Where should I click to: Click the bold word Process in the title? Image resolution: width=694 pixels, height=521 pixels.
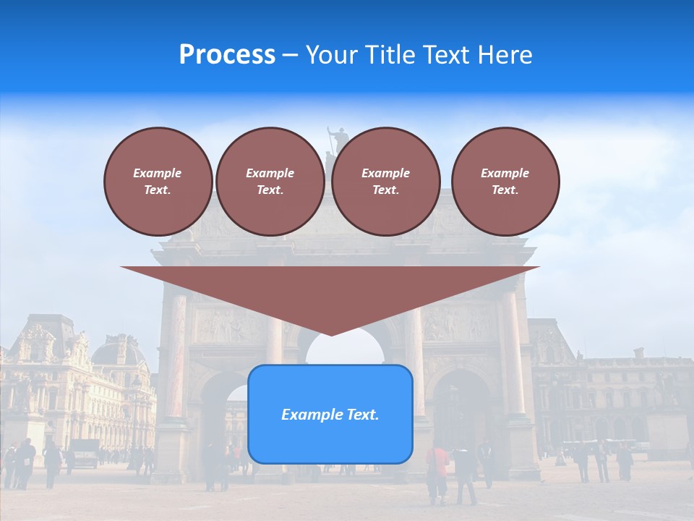pyautogui.click(x=227, y=55)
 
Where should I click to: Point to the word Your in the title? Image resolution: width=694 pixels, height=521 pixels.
pyautogui.click(x=332, y=55)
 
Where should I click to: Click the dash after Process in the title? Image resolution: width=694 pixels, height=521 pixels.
pyautogui.click(x=290, y=56)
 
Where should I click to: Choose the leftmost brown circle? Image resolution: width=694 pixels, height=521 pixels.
pyautogui.click(x=158, y=181)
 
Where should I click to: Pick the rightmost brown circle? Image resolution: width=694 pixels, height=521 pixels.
pyautogui.click(x=505, y=181)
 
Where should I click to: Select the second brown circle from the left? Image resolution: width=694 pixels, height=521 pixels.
pyautogui.click(x=270, y=181)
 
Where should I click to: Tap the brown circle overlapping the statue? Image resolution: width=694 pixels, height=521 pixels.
pyautogui.click(x=385, y=181)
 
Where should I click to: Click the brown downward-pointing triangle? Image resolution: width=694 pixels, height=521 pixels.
pyautogui.click(x=330, y=293)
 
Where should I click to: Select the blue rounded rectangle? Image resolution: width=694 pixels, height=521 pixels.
pyautogui.click(x=330, y=414)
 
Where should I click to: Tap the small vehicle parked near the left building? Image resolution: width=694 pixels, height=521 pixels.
pyautogui.click(x=84, y=452)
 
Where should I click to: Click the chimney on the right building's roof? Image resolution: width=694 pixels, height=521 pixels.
pyautogui.click(x=638, y=352)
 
